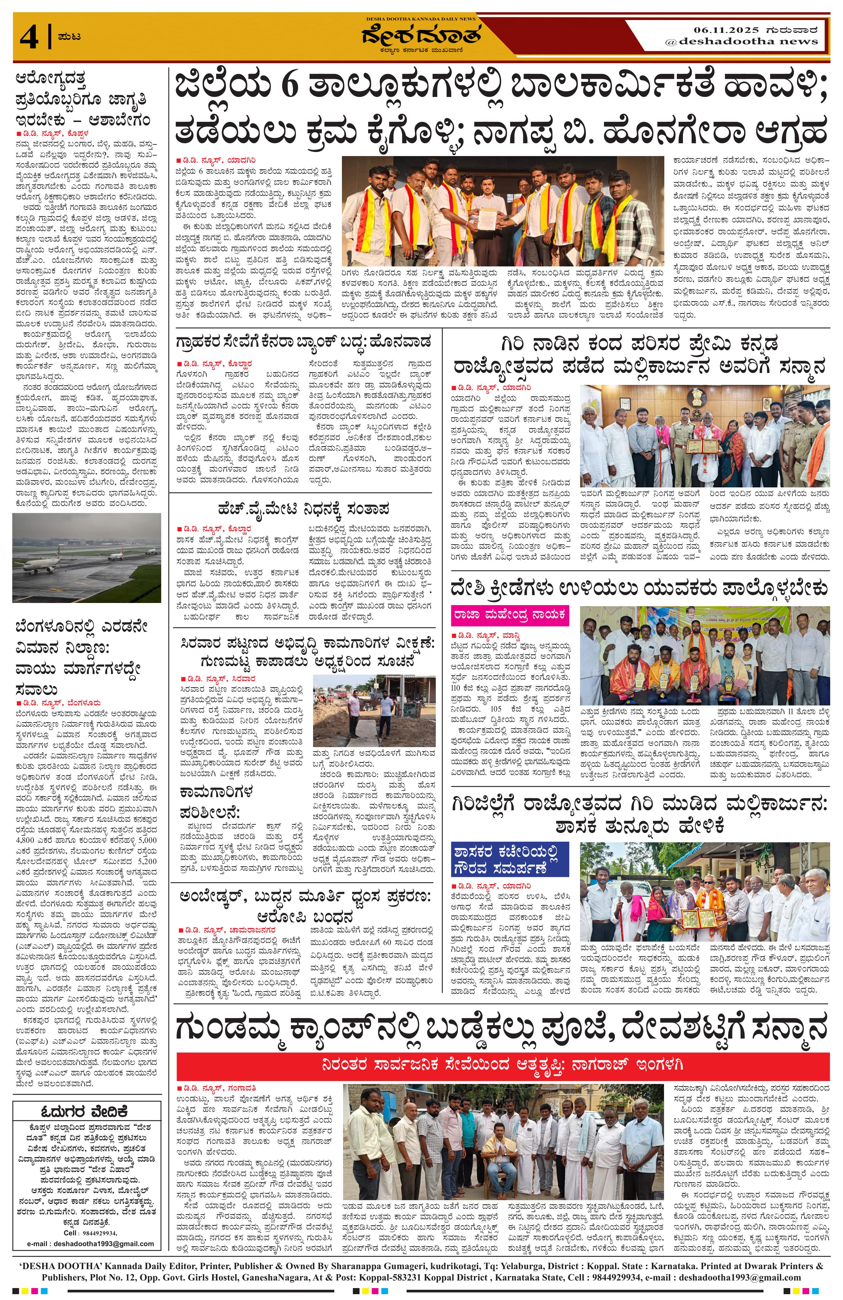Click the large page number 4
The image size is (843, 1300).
point(29,37)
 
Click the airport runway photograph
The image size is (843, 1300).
point(86,558)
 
